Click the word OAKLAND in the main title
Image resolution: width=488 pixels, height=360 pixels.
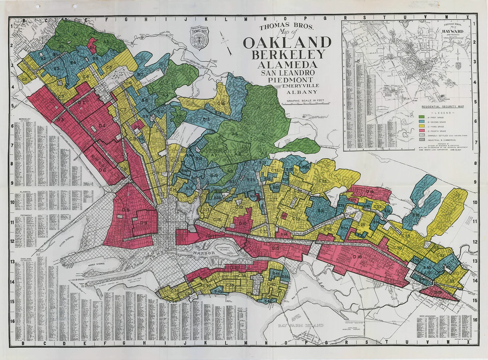coord(287,43)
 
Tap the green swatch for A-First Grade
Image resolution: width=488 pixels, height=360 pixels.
coord(421,117)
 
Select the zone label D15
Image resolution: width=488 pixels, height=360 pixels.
coord(276,248)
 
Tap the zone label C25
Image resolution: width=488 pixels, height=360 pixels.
coord(322,181)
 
